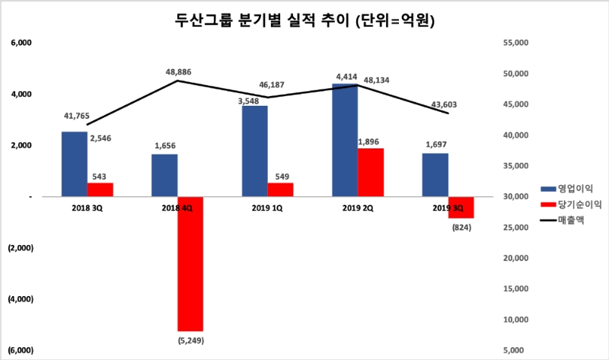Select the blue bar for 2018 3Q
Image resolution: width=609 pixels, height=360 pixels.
click(74, 164)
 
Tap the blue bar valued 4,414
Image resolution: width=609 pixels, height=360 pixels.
click(345, 140)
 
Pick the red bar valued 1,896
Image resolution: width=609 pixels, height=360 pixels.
click(371, 172)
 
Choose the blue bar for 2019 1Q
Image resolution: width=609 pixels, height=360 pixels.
click(255, 151)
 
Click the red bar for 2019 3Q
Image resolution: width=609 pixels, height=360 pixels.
click(461, 207)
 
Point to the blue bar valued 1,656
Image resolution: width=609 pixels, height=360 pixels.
click(164, 175)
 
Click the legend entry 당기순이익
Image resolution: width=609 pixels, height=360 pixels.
click(566, 205)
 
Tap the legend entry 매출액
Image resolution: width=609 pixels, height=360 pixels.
click(562, 221)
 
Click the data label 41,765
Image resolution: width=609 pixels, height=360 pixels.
click(78, 116)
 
